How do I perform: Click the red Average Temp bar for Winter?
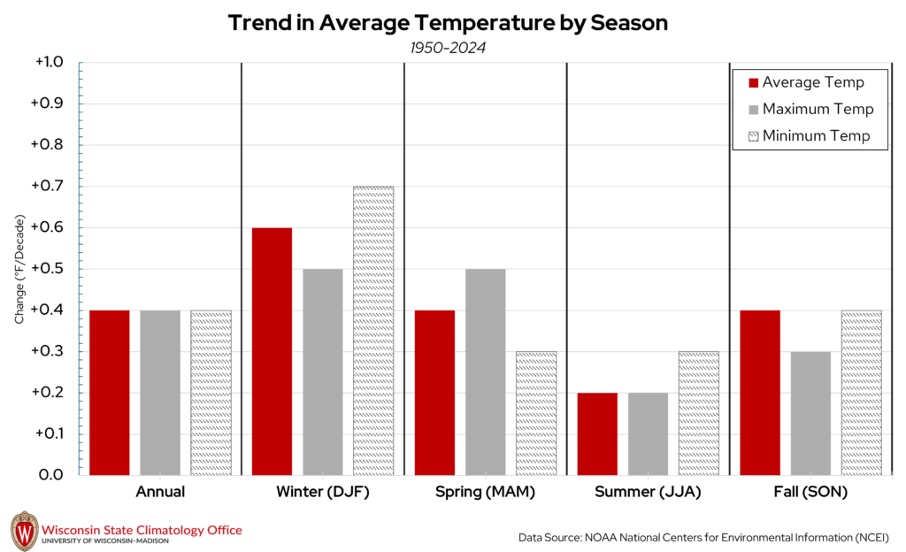coord(272,351)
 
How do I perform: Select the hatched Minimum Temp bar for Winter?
coord(372,331)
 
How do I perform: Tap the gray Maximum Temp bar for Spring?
coord(485,372)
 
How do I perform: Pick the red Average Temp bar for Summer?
coord(596,433)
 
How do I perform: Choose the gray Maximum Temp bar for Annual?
coord(160,393)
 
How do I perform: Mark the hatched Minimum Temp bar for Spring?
coord(535,413)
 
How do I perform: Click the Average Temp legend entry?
coord(806,83)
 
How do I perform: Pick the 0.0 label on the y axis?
coord(50,475)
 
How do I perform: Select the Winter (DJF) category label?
coord(323,492)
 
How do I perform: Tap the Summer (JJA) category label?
coord(647,492)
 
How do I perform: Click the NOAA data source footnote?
coord(703,537)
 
